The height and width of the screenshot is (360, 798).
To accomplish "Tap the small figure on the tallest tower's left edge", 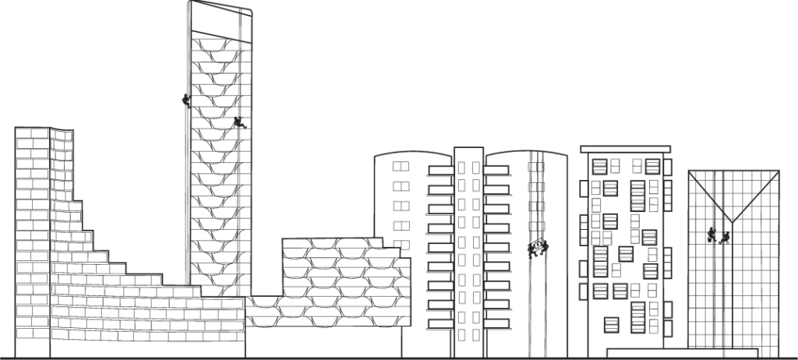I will point(185,100).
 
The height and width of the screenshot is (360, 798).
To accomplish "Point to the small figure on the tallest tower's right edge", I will point(237,125).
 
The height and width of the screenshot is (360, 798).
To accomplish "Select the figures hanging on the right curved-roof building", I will point(538,248).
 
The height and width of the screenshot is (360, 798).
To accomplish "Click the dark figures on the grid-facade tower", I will point(719,234).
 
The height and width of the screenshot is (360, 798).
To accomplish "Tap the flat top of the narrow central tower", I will point(469,148).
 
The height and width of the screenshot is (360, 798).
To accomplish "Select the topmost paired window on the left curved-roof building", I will point(400,166).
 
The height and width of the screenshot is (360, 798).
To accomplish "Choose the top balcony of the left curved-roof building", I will point(440,166).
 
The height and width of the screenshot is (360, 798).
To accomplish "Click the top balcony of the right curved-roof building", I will point(497,166).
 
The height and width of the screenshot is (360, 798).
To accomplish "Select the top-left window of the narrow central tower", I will point(461,167).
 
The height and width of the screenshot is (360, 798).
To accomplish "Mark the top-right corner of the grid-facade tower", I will point(779,171).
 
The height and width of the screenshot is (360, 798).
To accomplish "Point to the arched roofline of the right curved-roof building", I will point(526,152).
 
